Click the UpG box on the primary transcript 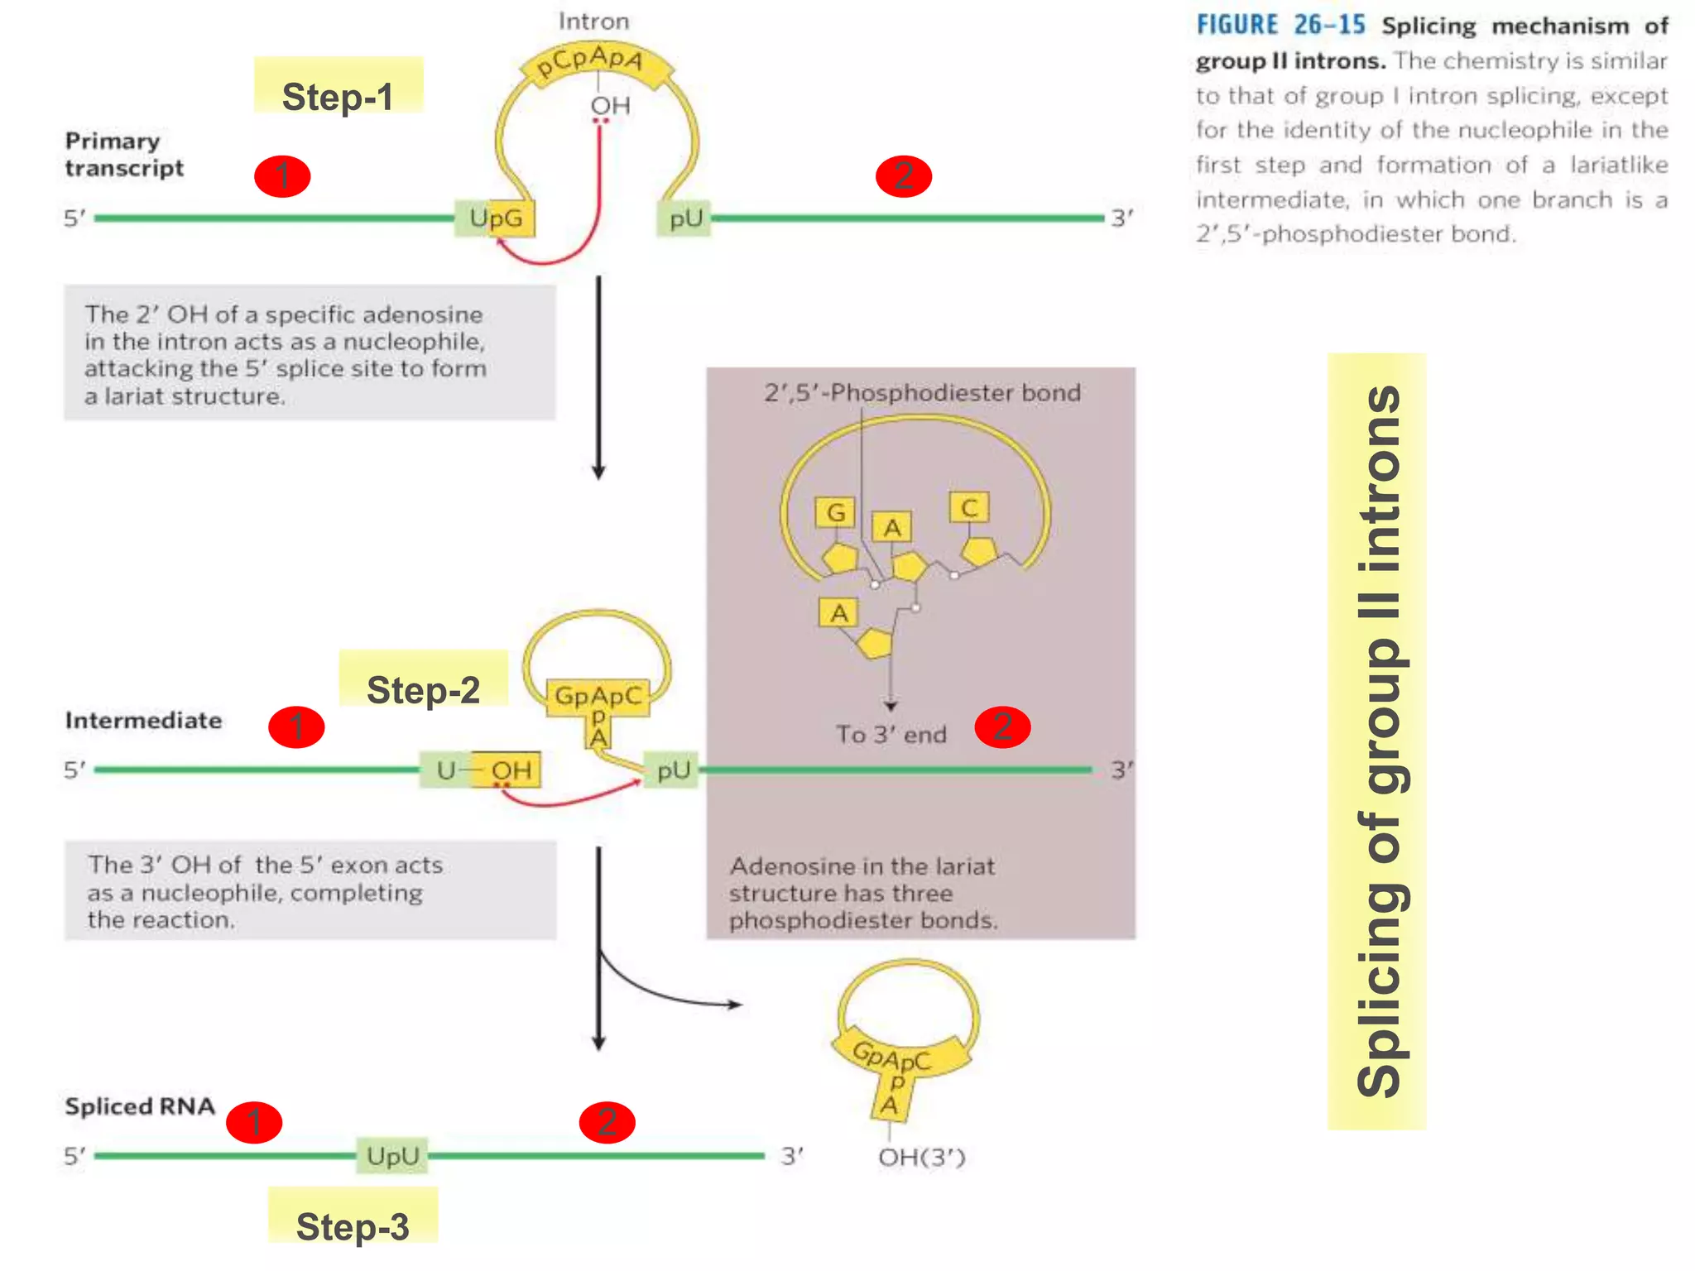[495, 218]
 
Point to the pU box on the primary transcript [684, 218]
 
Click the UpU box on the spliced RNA [393, 1155]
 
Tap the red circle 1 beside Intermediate [296, 727]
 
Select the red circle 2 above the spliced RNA [607, 1122]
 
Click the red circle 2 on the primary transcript [904, 176]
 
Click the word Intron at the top [593, 22]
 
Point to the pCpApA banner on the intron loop [590, 62]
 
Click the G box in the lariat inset [836, 513]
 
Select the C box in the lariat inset [969, 507]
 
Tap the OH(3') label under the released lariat [922, 1157]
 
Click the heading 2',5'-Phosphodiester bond [922, 392]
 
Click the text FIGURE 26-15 [1280, 26]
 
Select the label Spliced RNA [140, 1106]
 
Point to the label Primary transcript [124, 154]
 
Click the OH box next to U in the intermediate [510, 770]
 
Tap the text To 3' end [891, 735]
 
